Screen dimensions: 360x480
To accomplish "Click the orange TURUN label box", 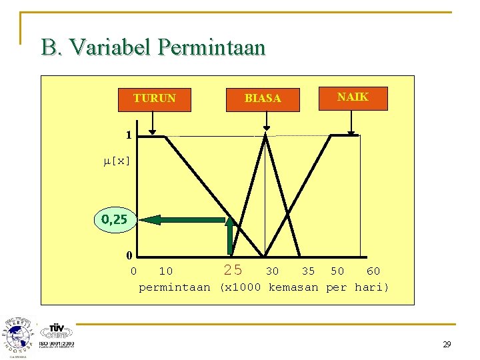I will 154,99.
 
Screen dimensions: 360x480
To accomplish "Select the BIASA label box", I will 263,99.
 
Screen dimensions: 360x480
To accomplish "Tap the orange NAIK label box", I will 353,97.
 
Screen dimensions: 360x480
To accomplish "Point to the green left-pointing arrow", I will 183,219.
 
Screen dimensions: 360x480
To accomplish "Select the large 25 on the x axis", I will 233,271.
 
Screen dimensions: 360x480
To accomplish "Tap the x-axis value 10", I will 165,271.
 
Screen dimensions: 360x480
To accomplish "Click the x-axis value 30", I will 272,271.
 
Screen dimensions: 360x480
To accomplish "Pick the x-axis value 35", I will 308,271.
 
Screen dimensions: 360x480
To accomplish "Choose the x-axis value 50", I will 337,271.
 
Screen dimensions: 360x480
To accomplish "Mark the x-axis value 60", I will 373,271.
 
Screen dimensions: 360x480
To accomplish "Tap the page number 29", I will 446,345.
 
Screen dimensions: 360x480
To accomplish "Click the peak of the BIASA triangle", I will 266,135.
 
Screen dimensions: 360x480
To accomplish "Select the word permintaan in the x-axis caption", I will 174,287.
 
